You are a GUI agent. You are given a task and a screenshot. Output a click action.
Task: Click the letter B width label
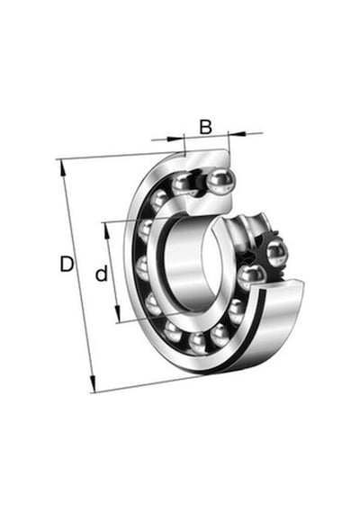click(205, 127)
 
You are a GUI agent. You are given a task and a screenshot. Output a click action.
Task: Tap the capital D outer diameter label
click(67, 264)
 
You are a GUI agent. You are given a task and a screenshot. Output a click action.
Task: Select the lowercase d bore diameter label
click(102, 274)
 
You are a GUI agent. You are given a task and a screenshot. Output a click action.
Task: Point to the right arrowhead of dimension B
click(238, 133)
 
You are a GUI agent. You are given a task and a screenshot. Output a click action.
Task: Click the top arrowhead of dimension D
click(62, 167)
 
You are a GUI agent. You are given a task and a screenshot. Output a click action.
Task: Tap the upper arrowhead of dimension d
click(107, 230)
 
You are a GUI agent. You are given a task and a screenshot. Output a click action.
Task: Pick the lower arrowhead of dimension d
click(118, 314)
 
